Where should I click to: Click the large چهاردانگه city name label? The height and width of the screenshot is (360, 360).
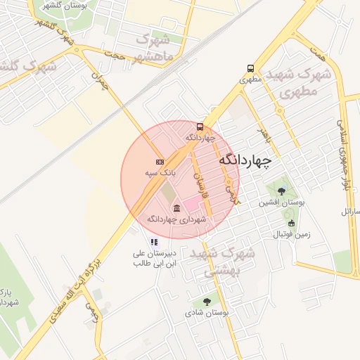point(244,161)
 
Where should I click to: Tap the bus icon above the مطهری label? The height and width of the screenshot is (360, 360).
point(251,69)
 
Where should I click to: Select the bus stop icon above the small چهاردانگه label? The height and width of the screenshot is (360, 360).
point(200,127)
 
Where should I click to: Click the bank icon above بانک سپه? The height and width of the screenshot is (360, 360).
point(160,162)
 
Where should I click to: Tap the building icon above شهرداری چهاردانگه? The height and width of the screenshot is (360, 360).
point(176,208)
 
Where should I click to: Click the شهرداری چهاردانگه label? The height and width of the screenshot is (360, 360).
point(176,219)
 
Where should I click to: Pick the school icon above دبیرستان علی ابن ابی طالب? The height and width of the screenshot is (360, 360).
point(155,242)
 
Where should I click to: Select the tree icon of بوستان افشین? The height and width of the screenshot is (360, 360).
point(281,191)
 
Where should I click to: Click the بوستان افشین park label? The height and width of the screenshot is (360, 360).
point(281,202)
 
